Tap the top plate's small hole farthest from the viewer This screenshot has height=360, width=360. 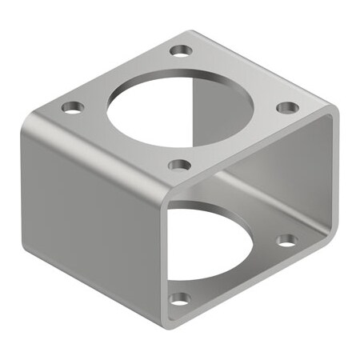point(182,50)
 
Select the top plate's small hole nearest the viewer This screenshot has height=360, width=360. point(180,166)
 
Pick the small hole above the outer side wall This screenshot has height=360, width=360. point(73,106)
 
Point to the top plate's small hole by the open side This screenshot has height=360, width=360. point(287,107)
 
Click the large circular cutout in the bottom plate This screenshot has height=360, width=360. point(210,240)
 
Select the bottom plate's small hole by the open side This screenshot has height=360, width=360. point(286,239)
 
